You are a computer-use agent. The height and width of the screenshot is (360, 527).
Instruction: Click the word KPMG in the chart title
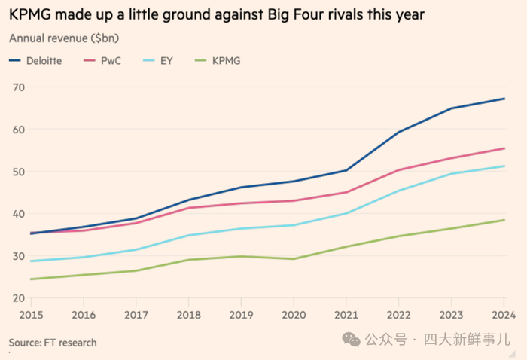click(30, 14)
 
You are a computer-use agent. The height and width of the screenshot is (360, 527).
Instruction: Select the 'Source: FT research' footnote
click(53, 343)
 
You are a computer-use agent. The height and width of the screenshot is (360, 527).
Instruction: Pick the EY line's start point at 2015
click(31, 261)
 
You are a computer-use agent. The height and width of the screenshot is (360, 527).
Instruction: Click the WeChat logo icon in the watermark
click(352, 340)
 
